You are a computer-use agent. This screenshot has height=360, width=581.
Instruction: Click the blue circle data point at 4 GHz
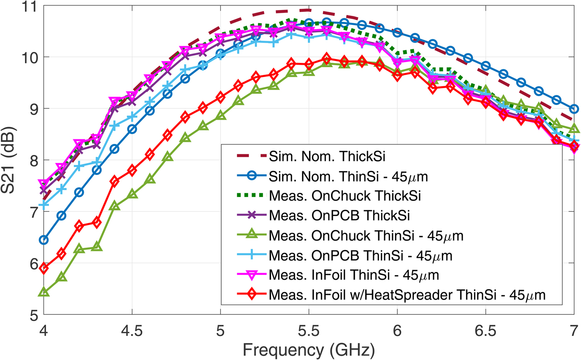coord(44,240)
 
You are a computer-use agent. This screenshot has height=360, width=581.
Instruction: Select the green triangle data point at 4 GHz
coord(44,292)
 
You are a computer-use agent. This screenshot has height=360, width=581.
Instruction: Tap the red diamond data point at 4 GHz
coord(44,268)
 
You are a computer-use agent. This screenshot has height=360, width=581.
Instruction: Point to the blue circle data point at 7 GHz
coord(574,109)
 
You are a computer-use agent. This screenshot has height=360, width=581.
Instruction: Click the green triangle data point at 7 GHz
coord(574,129)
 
